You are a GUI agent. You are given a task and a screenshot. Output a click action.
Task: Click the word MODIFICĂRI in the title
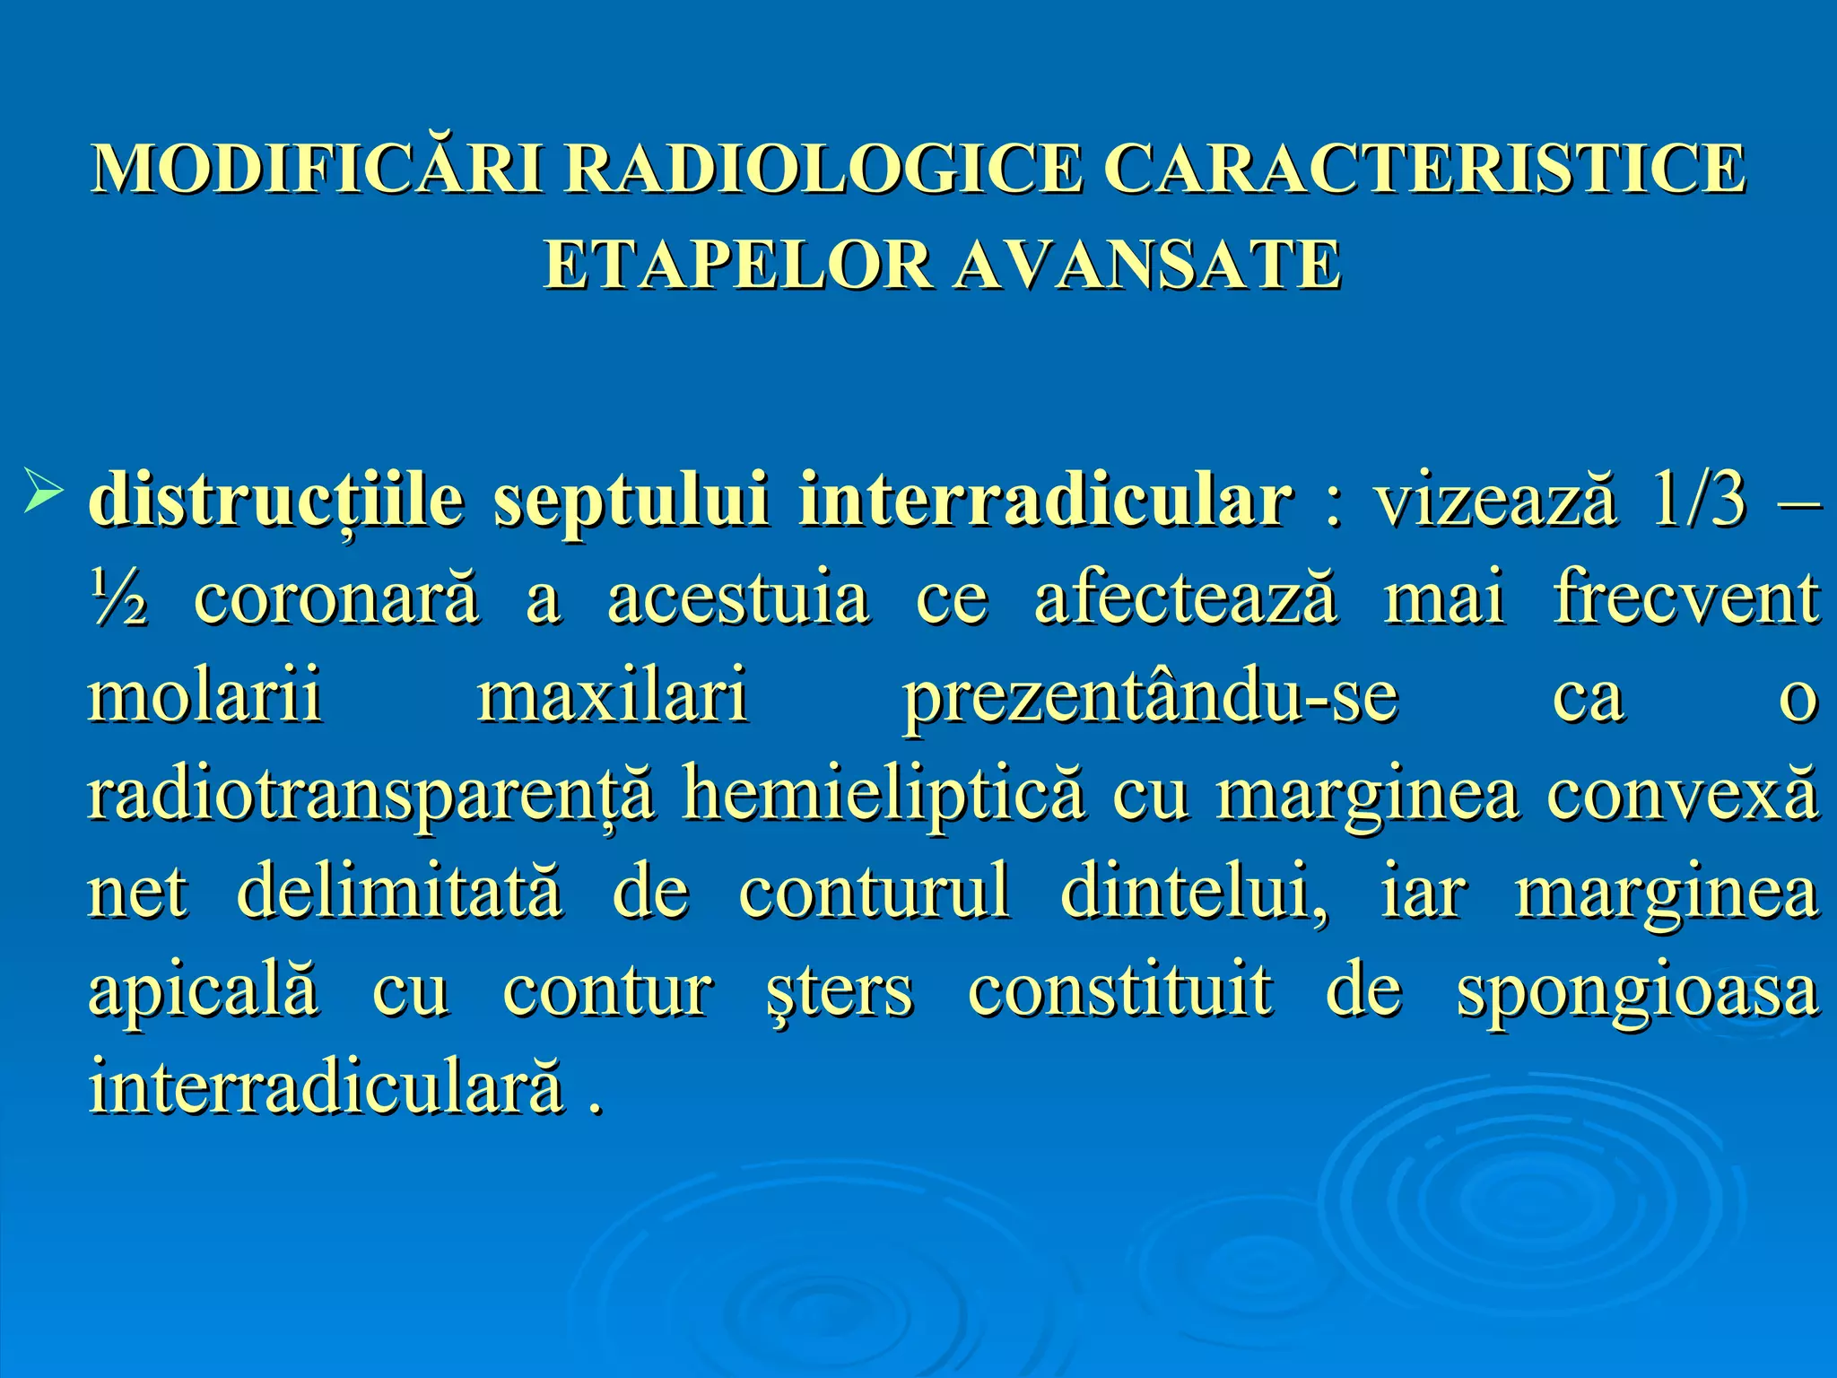[x=318, y=168]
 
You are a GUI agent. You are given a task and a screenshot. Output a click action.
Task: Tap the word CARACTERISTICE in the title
[x=1423, y=168]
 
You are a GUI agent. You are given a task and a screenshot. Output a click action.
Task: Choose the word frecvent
[x=1685, y=597]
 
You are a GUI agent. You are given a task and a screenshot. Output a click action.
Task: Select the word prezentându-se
[x=1149, y=698]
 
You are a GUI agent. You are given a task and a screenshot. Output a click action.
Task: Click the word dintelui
[x=1193, y=892]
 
